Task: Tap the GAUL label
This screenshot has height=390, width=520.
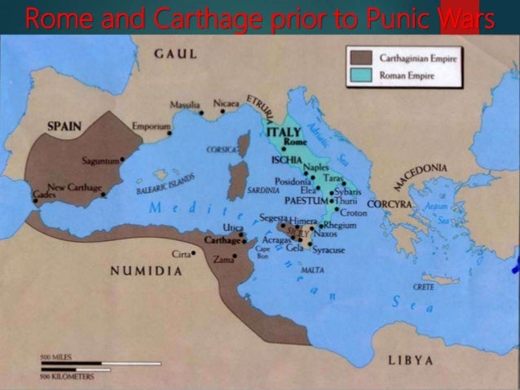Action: tap(175, 53)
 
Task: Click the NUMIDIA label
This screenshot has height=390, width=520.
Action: tap(147, 270)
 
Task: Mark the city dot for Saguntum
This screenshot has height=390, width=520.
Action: tap(122, 160)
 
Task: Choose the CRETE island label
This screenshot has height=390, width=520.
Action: tap(424, 287)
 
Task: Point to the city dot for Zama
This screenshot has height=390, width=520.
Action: tap(234, 256)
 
